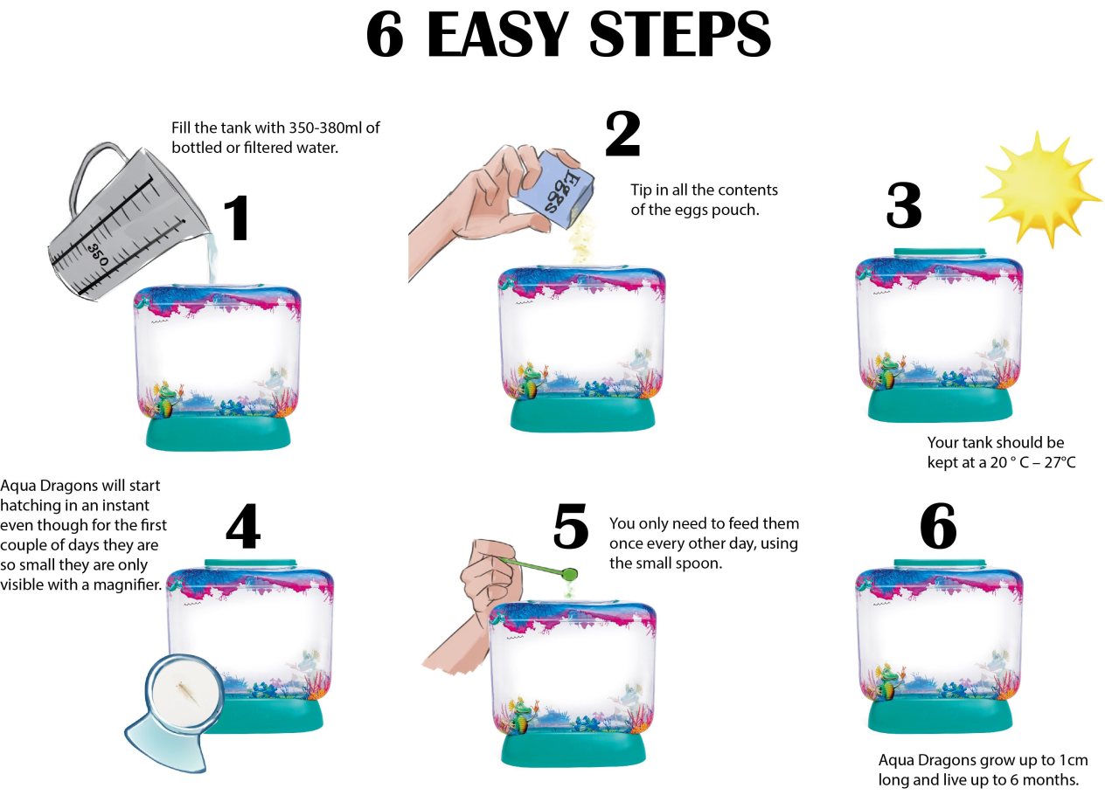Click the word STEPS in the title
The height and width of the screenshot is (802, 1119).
pyautogui.click(x=680, y=34)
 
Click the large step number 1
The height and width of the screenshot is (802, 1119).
pyautogui.click(x=237, y=218)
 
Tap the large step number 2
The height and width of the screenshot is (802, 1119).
pyautogui.click(x=622, y=134)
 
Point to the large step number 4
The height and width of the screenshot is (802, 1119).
pyautogui.click(x=243, y=526)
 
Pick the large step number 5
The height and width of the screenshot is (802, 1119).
pyautogui.click(x=571, y=526)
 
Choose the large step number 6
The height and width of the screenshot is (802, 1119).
pyautogui.click(x=938, y=526)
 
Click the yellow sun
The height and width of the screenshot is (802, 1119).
pyautogui.click(x=1042, y=190)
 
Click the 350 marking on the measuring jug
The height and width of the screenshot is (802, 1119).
pyautogui.click(x=99, y=254)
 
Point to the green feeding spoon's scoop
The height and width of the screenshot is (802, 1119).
pyautogui.click(x=568, y=574)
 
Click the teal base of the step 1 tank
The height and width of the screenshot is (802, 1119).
pyautogui.click(x=218, y=432)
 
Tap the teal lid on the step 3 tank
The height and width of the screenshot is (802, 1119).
pyautogui.click(x=940, y=252)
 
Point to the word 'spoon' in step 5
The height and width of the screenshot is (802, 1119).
pyautogui.click(x=699, y=563)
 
